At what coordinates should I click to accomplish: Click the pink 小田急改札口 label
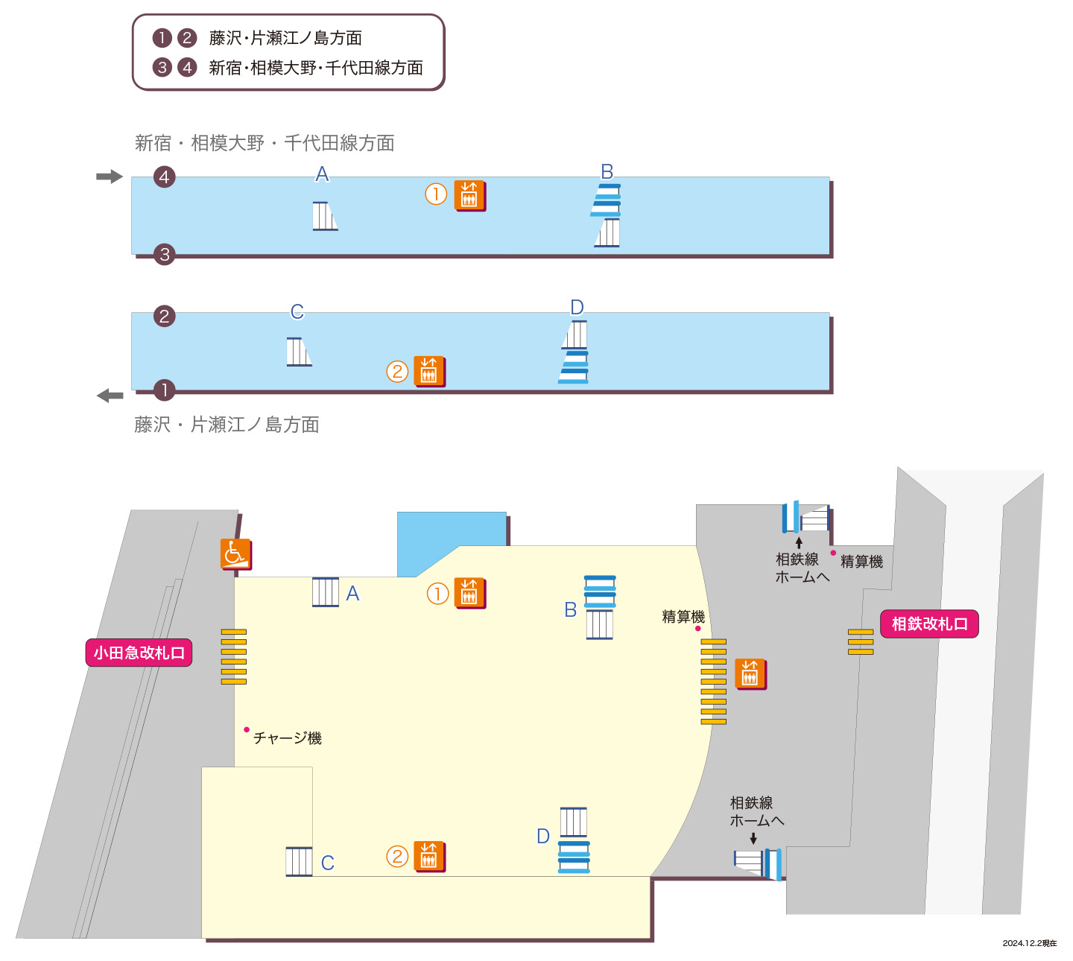(x=139, y=653)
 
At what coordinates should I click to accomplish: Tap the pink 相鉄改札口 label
(x=929, y=624)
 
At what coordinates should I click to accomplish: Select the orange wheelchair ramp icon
(x=235, y=554)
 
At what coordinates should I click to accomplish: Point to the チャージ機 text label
(x=287, y=738)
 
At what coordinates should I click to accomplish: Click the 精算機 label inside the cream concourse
(x=683, y=616)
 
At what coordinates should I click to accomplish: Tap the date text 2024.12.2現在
(x=1029, y=943)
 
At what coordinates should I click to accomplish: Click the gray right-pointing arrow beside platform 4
(x=109, y=177)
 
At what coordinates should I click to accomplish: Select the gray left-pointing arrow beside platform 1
(x=110, y=395)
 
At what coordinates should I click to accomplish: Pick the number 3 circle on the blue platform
(x=164, y=254)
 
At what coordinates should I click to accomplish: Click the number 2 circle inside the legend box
(x=186, y=38)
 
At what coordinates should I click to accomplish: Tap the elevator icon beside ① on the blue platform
(x=469, y=195)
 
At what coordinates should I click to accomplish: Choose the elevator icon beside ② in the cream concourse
(x=429, y=856)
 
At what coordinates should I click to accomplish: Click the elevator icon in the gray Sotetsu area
(x=750, y=674)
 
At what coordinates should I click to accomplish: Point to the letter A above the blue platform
(x=322, y=174)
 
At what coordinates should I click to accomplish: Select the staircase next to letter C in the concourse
(x=299, y=861)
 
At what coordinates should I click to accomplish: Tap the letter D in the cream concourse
(x=543, y=836)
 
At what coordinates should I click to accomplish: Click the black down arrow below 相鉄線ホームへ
(x=753, y=838)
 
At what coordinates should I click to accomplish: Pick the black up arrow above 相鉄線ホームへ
(x=799, y=543)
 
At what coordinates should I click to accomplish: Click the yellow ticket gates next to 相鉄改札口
(x=861, y=641)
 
